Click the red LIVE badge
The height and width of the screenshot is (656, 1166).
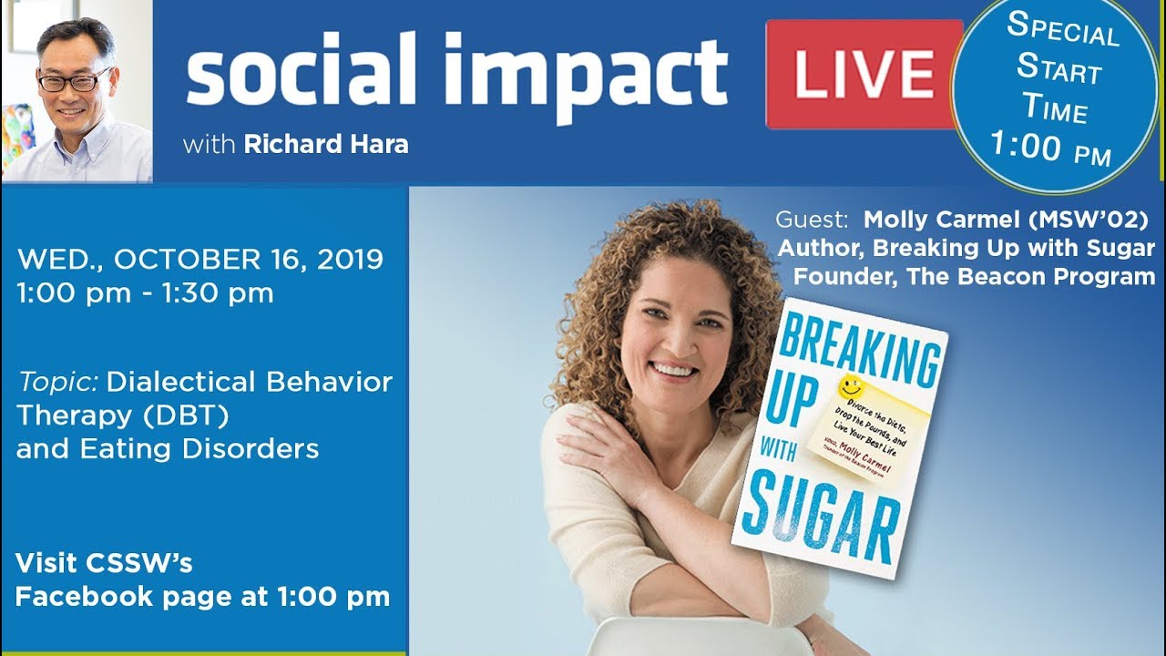[864, 74]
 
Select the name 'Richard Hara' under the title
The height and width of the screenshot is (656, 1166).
[326, 144]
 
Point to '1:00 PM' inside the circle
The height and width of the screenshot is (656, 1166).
[1050, 149]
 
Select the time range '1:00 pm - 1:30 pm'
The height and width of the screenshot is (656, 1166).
[146, 293]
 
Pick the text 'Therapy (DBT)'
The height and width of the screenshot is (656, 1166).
[122, 415]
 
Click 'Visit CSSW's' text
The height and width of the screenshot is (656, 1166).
[104, 563]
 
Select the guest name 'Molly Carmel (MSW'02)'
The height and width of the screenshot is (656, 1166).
[1006, 220]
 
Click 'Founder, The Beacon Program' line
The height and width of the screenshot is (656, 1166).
[974, 277]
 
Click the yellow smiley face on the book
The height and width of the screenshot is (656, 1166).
[851, 385]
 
